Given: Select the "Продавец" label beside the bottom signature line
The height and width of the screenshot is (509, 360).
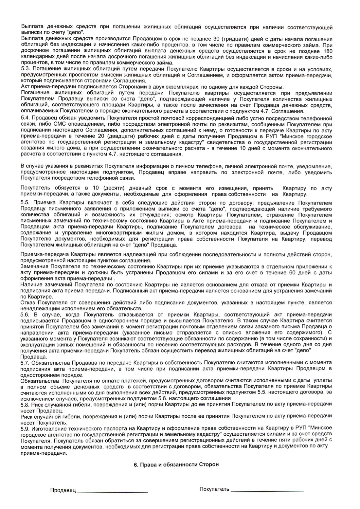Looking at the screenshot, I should pos(63,490).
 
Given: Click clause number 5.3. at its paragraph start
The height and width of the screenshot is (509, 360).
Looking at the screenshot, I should pos(27,69).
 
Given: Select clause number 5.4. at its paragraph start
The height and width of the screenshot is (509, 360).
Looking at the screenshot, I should pos(27,118).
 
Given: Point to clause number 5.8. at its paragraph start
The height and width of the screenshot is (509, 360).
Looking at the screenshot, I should pos(27,405).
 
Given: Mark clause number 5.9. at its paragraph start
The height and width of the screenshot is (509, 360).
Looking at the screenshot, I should pos(27,428).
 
